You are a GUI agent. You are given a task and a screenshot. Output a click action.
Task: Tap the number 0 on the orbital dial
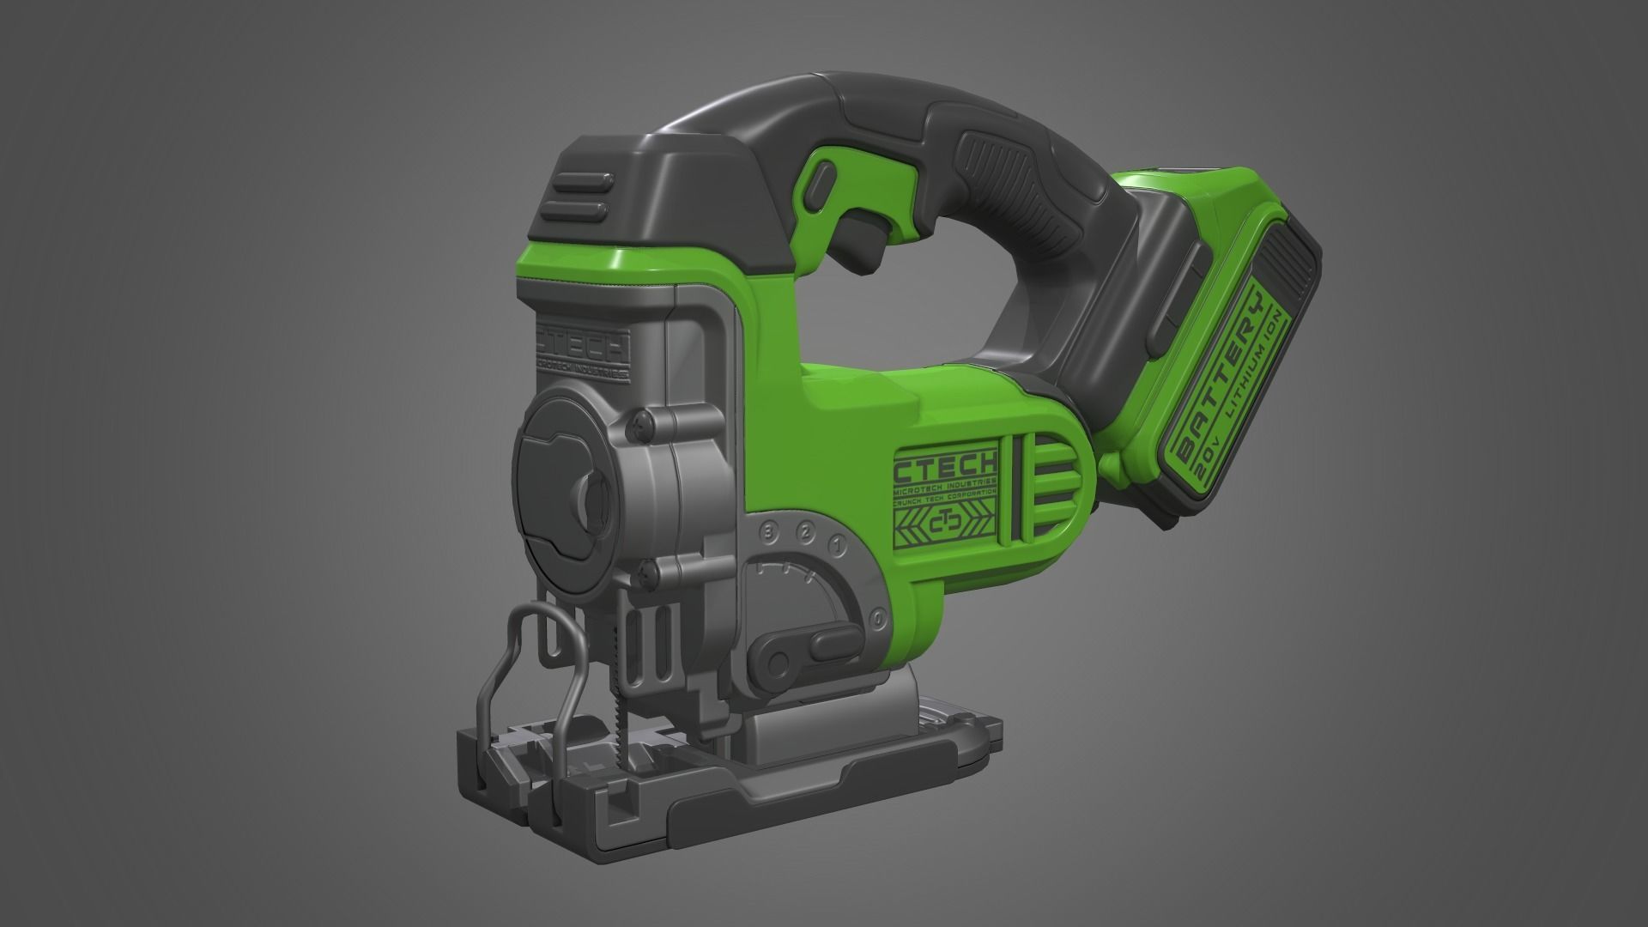tap(878, 617)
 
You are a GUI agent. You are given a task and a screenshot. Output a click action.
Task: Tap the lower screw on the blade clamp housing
tap(644, 569)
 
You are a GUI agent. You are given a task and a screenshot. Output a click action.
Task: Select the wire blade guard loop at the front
tap(524, 652)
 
